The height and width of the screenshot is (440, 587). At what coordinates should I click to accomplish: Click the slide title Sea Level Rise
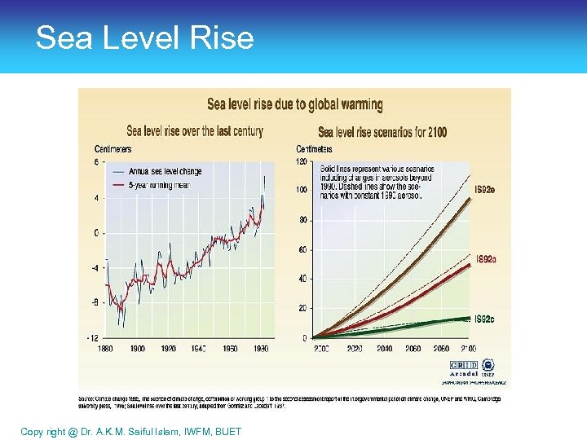coord(145,38)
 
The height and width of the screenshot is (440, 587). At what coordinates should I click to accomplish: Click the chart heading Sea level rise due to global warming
coord(294,104)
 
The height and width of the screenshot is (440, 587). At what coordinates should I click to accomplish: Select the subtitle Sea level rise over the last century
coord(195,130)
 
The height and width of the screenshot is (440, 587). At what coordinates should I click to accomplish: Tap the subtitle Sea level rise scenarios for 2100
coord(382,132)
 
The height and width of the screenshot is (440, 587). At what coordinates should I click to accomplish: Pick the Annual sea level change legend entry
coord(166,171)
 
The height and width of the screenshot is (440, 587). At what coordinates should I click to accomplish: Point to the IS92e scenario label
coord(486,190)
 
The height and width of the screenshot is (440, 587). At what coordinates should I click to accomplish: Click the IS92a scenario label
coord(486,260)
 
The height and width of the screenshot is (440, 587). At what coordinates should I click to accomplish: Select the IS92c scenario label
coord(486,319)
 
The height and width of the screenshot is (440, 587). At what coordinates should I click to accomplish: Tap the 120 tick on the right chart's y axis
coord(301,161)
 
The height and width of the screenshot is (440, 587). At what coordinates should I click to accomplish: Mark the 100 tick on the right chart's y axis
coord(301,191)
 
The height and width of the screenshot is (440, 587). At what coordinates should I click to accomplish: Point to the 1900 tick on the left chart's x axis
coord(138,348)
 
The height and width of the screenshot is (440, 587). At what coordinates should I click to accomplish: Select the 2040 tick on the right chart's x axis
coord(384,348)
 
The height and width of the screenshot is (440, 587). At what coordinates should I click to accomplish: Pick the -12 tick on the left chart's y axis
coord(95,337)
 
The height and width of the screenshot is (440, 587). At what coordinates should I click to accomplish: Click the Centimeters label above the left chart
coord(113,149)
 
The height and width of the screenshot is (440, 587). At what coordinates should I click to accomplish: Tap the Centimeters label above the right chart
coord(314,149)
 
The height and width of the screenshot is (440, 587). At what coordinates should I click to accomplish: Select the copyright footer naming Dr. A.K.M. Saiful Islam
coord(130,431)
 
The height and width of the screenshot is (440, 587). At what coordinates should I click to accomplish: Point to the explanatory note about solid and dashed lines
coord(376,182)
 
